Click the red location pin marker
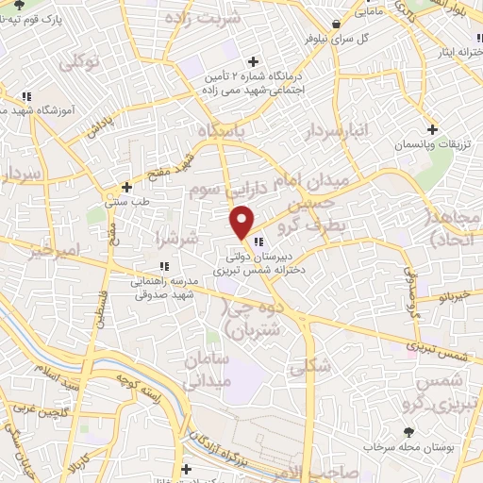242,222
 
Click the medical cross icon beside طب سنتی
127,187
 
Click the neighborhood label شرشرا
180,241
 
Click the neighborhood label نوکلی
77,64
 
